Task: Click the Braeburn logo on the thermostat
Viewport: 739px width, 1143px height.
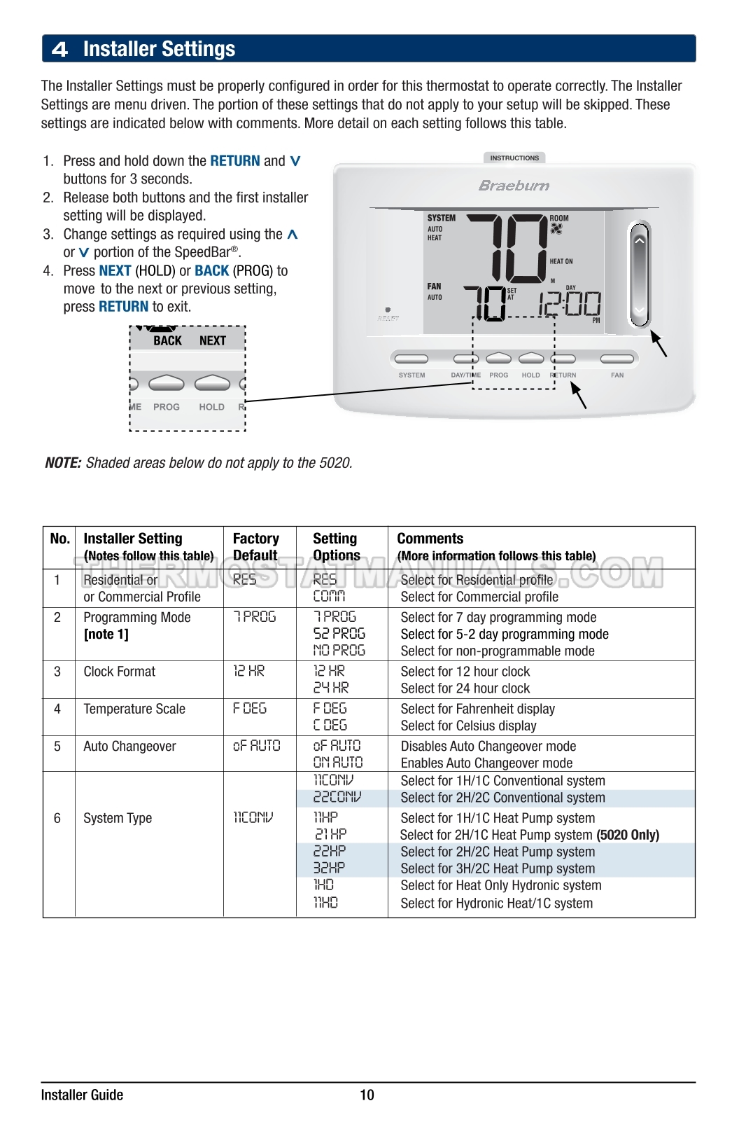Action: click(514, 186)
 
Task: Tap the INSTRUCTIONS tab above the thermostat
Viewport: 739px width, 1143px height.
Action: click(514, 158)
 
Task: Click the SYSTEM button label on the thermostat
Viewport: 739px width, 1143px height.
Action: click(411, 375)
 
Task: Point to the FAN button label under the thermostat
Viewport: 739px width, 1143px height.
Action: click(617, 375)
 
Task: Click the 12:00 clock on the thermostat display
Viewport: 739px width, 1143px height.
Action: click(569, 304)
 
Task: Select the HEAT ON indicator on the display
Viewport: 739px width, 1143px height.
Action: click(561, 261)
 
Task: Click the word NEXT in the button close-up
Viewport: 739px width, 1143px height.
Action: click(212, 341)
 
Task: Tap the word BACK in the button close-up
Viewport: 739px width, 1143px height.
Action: click(167, 341)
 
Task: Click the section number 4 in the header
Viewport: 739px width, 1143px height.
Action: click(60, 49)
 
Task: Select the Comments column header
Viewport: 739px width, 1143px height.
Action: click(430, 539)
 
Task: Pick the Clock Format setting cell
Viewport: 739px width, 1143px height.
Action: click(120, 672)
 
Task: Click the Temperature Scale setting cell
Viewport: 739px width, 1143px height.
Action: click(134, 709)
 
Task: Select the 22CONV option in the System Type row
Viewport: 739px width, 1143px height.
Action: click(337, 798)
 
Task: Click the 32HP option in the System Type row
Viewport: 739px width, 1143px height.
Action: click(329, 868)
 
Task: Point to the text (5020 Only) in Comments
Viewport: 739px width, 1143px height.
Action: click(628, 835)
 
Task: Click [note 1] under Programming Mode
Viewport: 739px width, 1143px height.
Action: click(106, 635)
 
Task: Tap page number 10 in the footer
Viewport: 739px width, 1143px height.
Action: click(367, 1095)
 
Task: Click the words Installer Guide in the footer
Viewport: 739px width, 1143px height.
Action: click(82, 1095)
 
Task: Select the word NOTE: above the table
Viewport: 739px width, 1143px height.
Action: click(63, 463)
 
